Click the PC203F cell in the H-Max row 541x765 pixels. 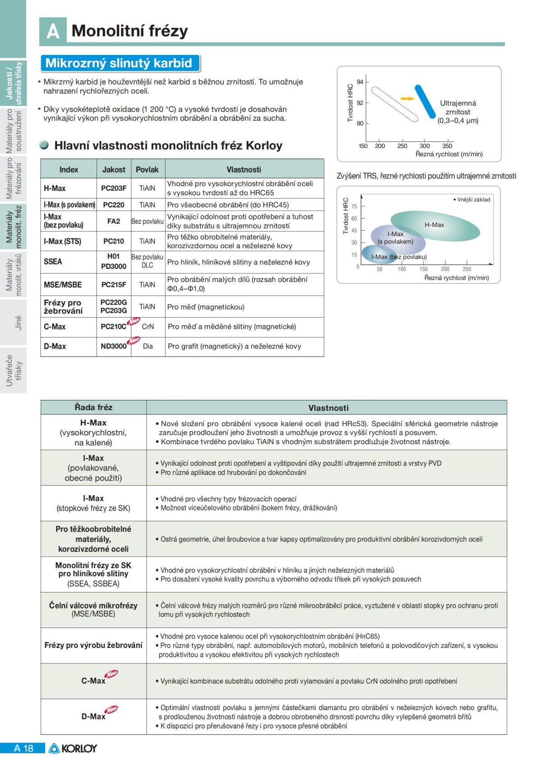pyautogui.click(x=114, y=188)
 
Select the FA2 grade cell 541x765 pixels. pyautogui.click(x=114, y=221)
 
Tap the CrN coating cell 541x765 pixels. pyautogui.click(x=148, y=327)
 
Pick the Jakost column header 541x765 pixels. pyautogui.click(x=114, y=170)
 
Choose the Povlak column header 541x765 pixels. pyautogui.click(x=147, y=170)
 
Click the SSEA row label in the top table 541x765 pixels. pyautogui.click(x=53, y=262)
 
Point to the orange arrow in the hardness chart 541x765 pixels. pyautogui.click(x=407, y=98)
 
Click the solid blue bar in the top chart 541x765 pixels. pyautogui.click(x=425, y=102)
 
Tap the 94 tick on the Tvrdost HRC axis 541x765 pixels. pyautogui.click(x=360, y=82)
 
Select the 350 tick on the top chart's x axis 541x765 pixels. pyautogui.click(x=447, y=146)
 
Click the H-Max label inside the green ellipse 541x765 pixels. pyautogui.click(x=434, y=225)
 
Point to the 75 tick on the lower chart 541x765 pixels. pyautogui.click(x=354, y=206)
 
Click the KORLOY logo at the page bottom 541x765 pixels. pyautogui.click(x=73, y=749)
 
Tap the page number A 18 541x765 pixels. pyautogui.click(x=23, y=749)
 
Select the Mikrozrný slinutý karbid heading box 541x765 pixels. pyautogui.click(x=119, y=63)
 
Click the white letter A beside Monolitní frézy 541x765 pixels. pyautogui.click(x=53, y=31)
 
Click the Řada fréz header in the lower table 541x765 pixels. pyautogui.click(x=93, y=407)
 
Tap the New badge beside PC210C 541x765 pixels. pyautogui.click(x=133, y=321)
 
